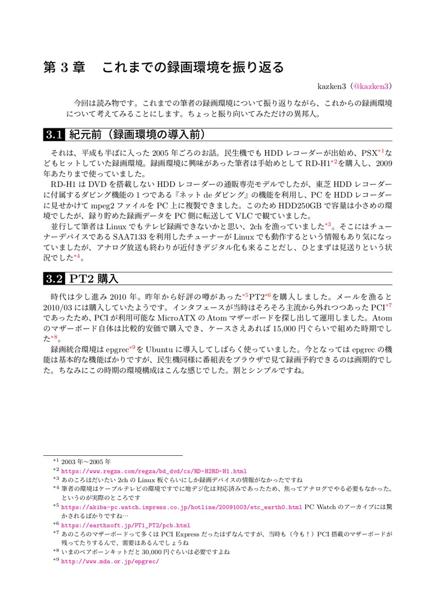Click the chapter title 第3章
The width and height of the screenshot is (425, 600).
coord(64,67)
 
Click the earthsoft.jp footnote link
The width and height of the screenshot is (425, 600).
coord(125,525)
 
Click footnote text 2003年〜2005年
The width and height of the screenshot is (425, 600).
coord(86,461)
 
